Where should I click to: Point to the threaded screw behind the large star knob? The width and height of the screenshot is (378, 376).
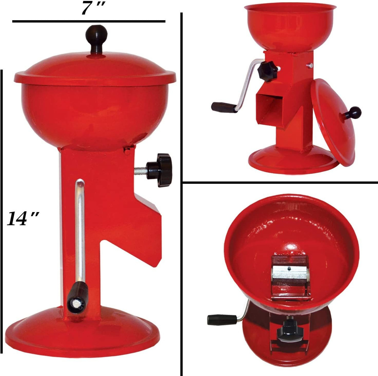click(140, 170)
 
